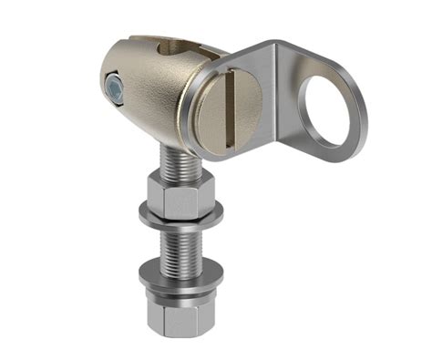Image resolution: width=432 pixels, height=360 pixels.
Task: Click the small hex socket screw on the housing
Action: [114, 87]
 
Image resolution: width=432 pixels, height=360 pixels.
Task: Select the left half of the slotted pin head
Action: [214, 119]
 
